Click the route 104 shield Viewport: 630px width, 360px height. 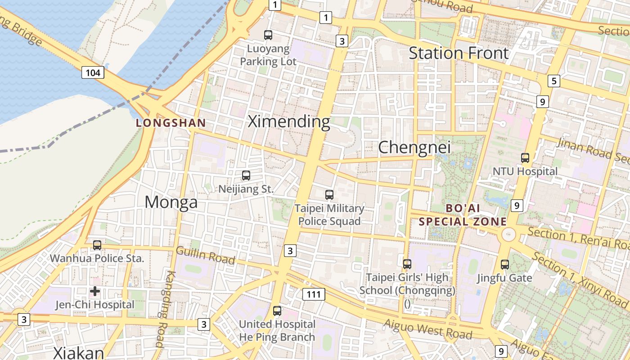[93, 72]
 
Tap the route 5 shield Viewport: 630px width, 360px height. [553, 81]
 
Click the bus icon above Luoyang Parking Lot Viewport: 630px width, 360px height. [268, 35]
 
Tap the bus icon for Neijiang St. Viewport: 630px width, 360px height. [246, 175]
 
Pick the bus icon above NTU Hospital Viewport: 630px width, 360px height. [525, 157]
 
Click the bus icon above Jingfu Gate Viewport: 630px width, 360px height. [505, 264]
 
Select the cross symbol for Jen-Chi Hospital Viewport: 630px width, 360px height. [95, 291]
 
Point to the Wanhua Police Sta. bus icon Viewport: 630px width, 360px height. [97, 245]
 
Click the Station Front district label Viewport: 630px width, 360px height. [459, 53]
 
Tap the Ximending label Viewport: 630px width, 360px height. [289, 121]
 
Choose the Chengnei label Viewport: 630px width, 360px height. [414, 147]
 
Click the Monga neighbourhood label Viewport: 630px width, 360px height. [171, 202]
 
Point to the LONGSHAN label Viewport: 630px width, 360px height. [171, 122]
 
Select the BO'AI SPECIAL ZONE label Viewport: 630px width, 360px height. [463, 215]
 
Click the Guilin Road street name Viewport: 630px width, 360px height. [205, 255]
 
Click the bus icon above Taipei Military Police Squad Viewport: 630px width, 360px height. [329, 194]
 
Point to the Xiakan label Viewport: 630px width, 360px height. [79, 353]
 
